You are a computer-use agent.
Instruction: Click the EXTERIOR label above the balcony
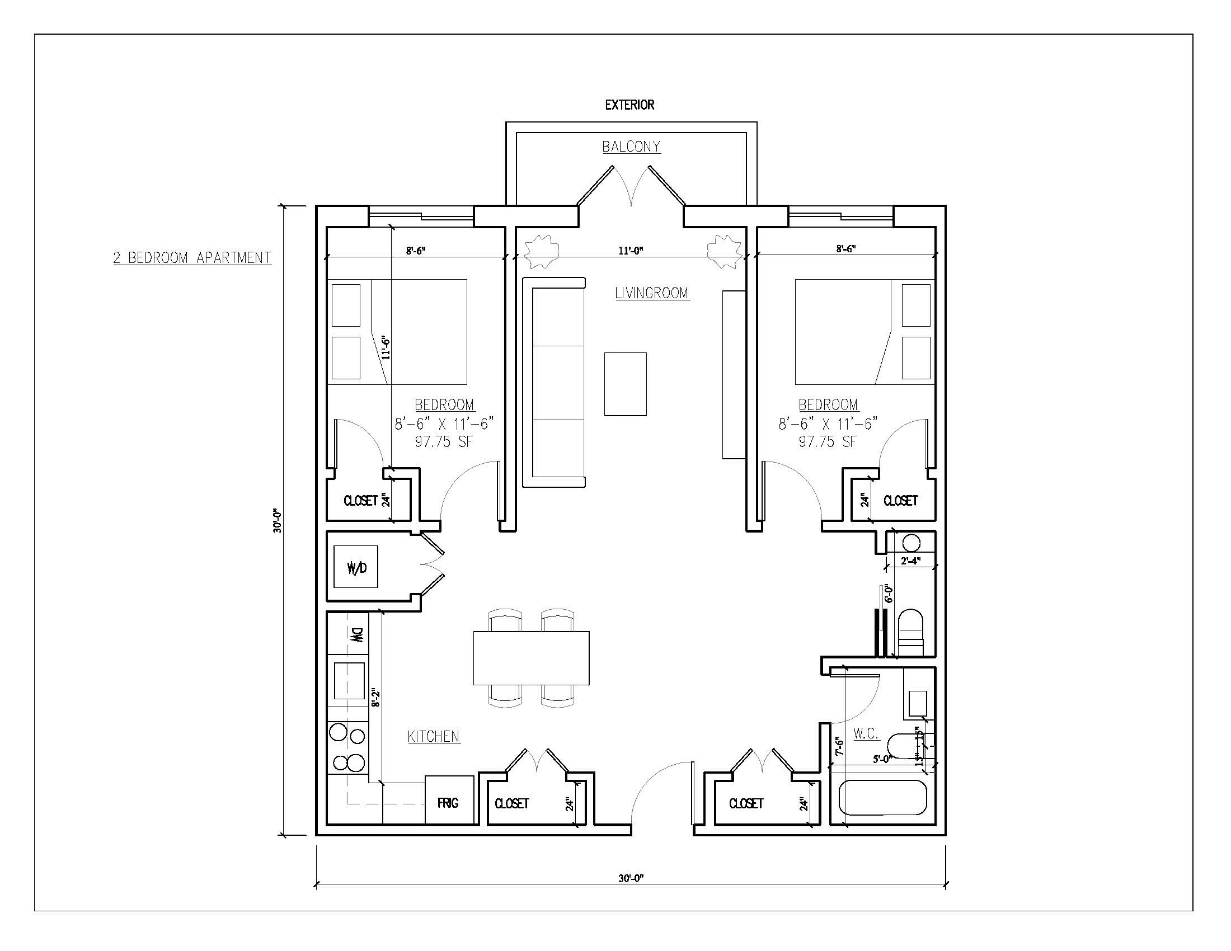[x=629, y=105]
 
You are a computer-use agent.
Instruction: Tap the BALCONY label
[x=631, y=147]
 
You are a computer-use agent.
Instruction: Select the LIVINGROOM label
[x=652, y=293]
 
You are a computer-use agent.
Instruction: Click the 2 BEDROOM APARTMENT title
[x=192, y=258]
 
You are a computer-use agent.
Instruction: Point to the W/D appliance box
[x=356, y=566]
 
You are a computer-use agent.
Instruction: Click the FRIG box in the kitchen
[x=449, y=801]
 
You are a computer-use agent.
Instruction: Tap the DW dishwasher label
[x=358, y=636]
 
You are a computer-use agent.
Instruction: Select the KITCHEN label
[x=434, y=736]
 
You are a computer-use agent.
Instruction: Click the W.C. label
[x=866, y=733]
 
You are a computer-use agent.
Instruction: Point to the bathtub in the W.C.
[x=882, y=798]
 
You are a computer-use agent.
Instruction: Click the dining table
[x=532, y=658]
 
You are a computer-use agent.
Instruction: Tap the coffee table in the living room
[x=626, y=384]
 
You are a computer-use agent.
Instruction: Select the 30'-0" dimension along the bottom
[x=631, y=878]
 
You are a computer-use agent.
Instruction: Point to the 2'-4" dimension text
[x=911, y=561]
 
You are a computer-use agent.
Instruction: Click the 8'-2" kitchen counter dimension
[x=376, y=699]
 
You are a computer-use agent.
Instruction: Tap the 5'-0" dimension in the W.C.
[x=881, y=759]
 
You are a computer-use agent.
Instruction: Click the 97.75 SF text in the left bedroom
[x=444, y=442]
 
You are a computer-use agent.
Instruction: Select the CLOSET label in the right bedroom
[x=901, y=500]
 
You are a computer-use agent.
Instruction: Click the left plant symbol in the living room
[x=541, y=251]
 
